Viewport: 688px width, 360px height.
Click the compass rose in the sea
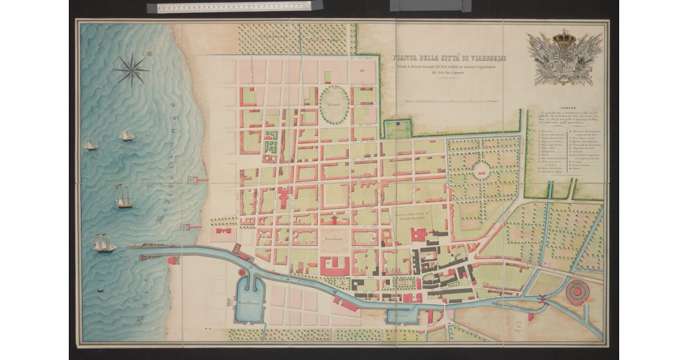click(131, 70)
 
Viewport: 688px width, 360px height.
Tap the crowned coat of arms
click(564, 57)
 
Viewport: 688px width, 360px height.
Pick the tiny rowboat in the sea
click(100, 291)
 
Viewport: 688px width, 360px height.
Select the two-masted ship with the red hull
click(124, 198)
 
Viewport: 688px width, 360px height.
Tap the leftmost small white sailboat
click(91, 146)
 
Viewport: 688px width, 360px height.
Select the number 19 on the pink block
click(363, 70)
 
